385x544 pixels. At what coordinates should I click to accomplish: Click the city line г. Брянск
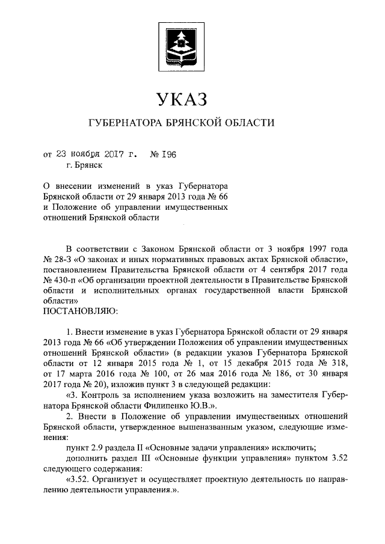pos(84,164)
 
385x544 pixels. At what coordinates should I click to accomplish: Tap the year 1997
pos(318,248)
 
